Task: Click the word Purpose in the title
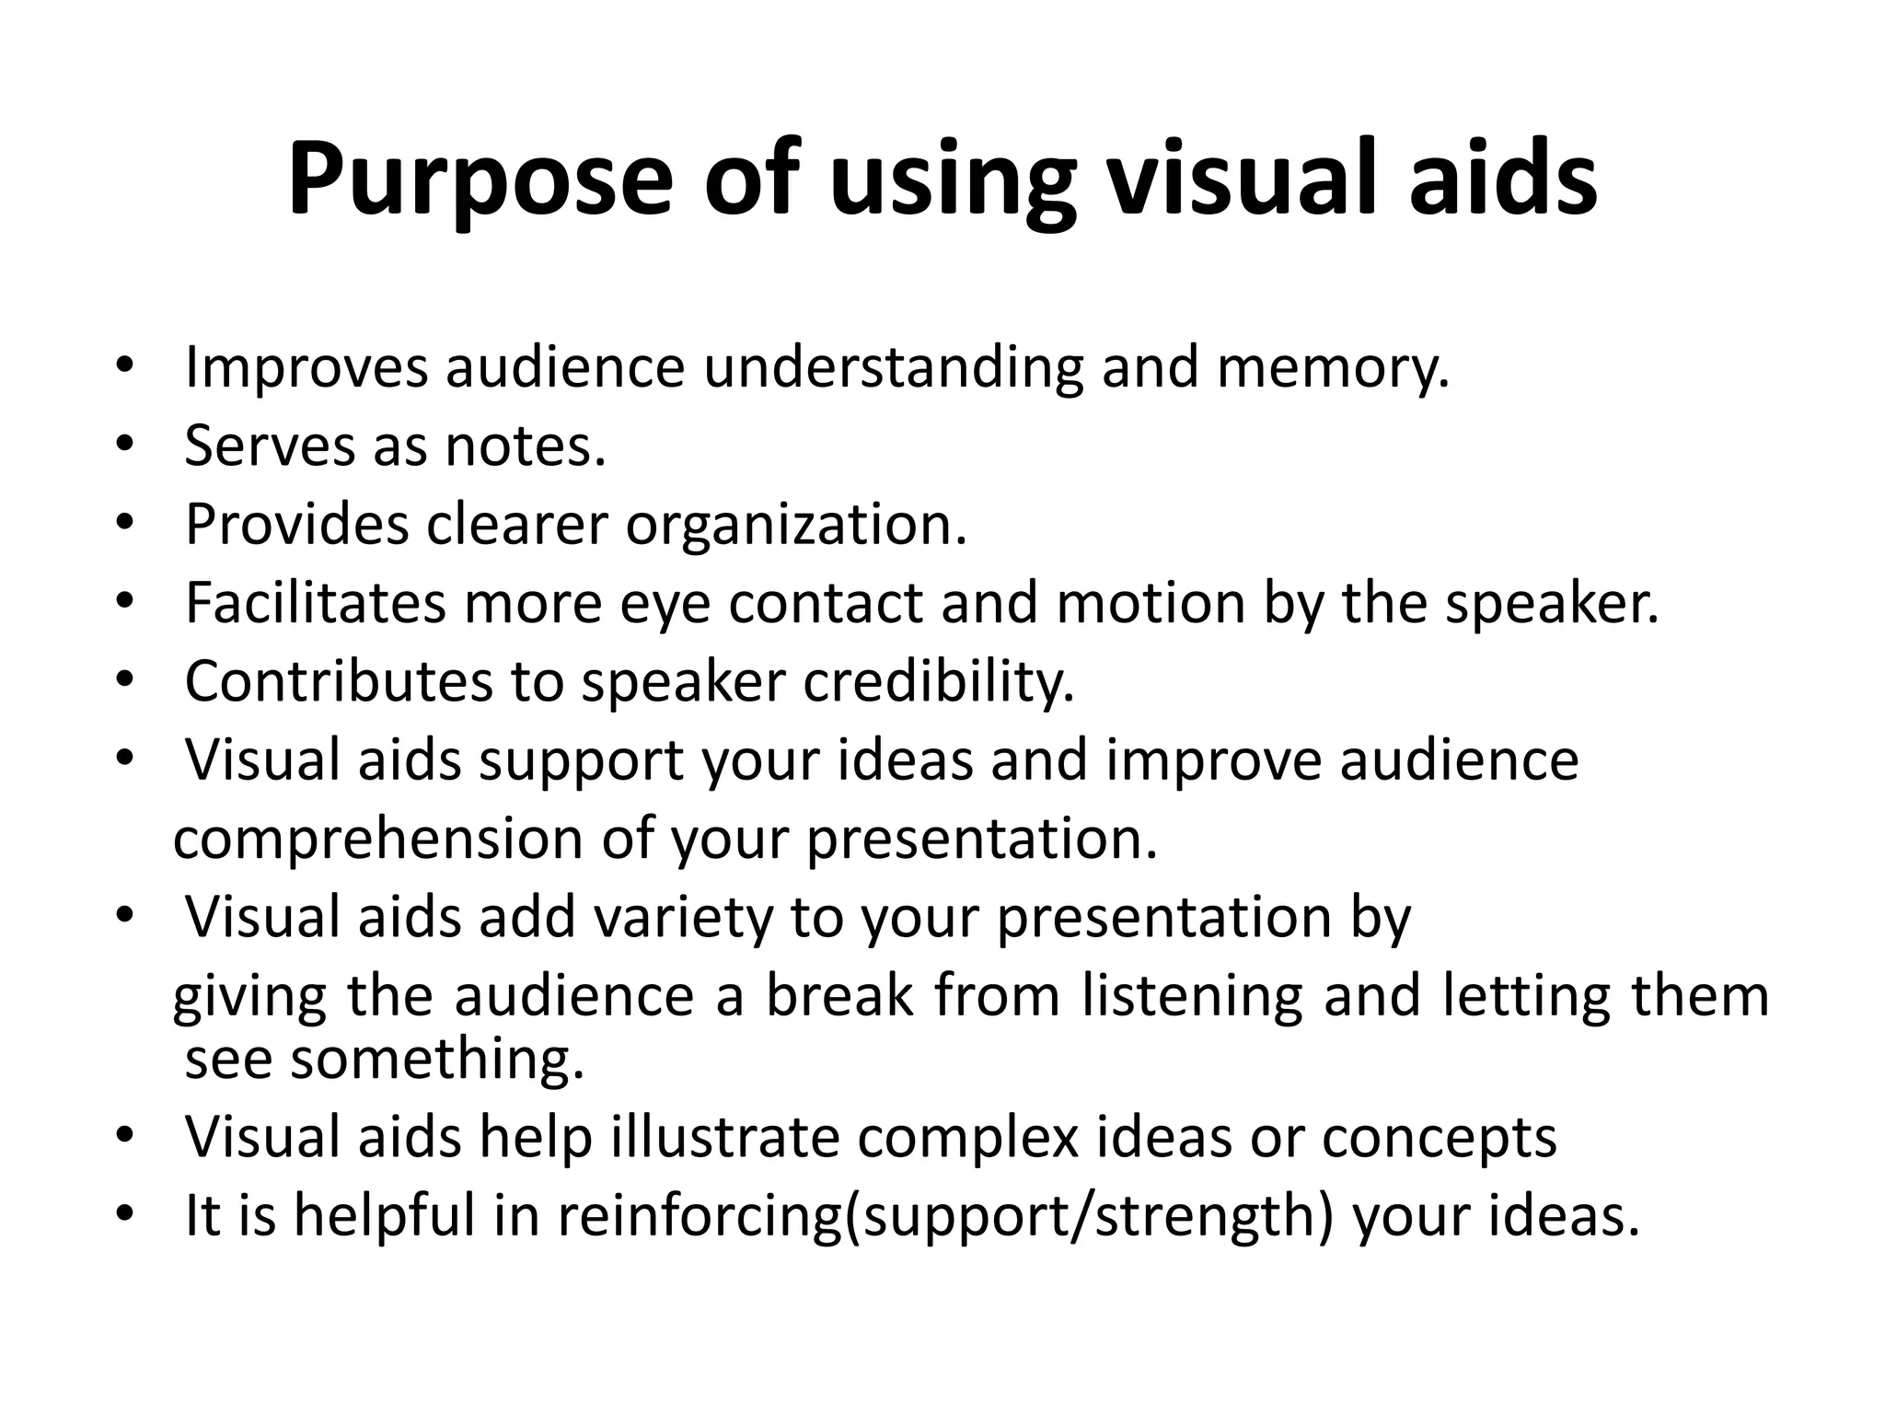click(480, 180)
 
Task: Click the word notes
click(526, 446)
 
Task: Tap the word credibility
click(938, 683)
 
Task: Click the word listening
click(1192, 998)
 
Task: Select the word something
click(437, 1060)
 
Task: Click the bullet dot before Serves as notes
click(125, 446)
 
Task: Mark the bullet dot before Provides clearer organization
click(125, 524)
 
